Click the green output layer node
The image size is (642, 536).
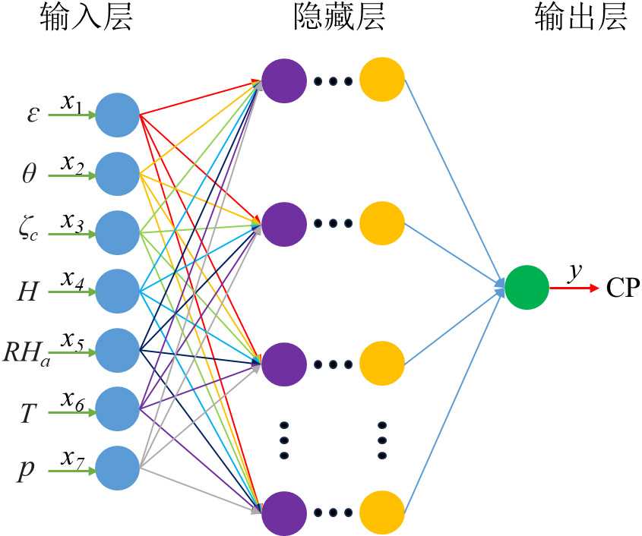(527, 288)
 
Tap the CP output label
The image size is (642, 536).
(623, 289)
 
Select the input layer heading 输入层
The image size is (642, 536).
(87, 18)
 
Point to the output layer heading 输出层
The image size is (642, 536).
(581, 18)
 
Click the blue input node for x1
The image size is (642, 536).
(118, 115)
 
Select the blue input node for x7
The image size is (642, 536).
(118, 467)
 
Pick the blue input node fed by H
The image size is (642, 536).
(118, 291)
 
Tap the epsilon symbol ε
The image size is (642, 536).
(32, 115)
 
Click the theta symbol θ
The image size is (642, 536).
(29, 175)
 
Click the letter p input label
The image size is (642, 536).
(26, 470)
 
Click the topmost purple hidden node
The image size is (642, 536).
(283, 78)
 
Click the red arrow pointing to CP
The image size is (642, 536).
(574, 288)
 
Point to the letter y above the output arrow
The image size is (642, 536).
(574, 270)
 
